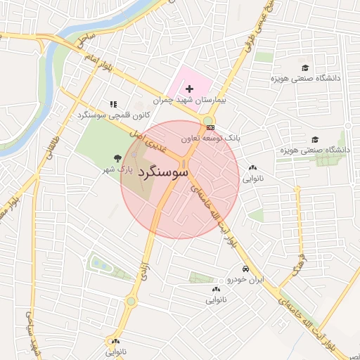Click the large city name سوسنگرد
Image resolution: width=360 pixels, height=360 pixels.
click(163, 171)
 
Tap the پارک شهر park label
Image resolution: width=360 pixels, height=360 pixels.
click(117, 170)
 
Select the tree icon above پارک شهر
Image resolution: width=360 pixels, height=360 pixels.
click(117, 158)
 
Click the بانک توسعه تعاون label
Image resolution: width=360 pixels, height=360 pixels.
click(211, 139)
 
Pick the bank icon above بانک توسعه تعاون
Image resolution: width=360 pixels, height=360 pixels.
click(210, 127)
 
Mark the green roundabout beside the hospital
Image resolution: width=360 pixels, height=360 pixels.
click(210, 119)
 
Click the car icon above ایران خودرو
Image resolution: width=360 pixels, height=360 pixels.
click(244, 269)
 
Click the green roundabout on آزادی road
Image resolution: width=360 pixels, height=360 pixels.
click(130, 302)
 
